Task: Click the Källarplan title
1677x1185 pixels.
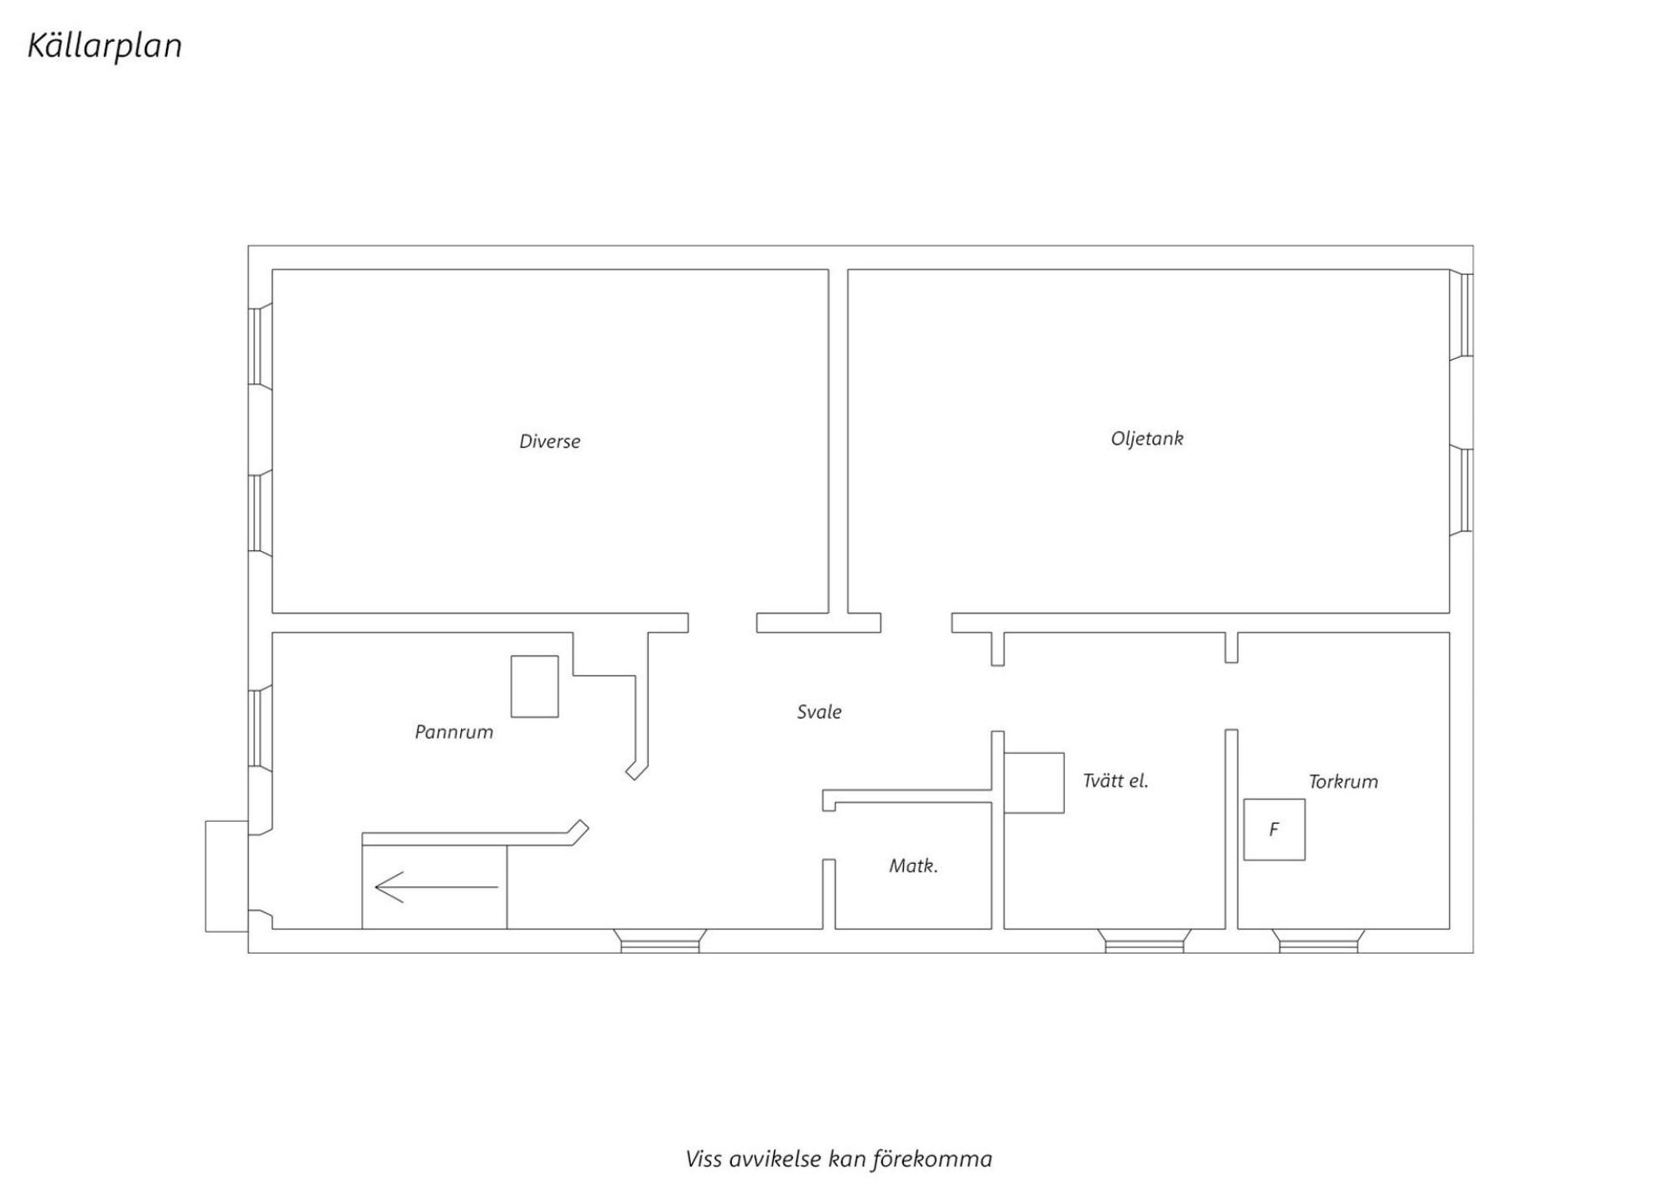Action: [105, 46]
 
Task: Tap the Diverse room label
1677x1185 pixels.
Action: [550, 441]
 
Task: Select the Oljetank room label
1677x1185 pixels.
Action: [1147, 439]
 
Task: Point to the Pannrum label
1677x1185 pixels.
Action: [454, 732]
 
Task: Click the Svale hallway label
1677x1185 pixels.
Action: [819, 712]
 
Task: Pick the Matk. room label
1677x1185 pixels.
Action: [913, 865]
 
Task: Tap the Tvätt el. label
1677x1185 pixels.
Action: [1115, 781]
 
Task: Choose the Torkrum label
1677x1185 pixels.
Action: [1343, 782]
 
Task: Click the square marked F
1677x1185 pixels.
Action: [1275, 829]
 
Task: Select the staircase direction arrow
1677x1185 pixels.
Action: [436, 886]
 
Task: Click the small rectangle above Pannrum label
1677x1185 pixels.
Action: [535, 687]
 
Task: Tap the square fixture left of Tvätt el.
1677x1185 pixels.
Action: [1034, 783]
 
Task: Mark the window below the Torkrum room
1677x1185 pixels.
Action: [1318, 941]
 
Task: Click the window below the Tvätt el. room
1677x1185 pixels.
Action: [1145, 941]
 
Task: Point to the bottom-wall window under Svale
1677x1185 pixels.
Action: [660, 941]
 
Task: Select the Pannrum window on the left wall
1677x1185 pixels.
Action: [260, 727]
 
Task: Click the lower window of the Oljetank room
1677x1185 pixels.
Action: [1462, 491]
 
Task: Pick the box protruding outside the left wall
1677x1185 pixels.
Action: [226, 876]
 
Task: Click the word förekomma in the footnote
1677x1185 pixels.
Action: [932, 1160]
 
